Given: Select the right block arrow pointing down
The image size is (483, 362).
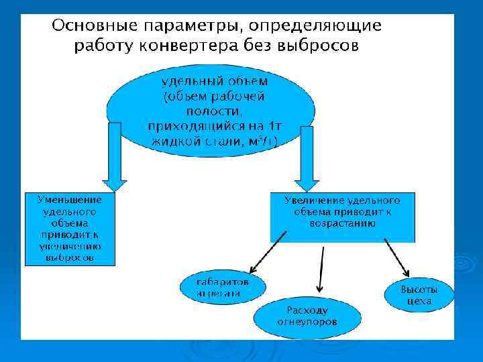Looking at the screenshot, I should [x=308, y=158].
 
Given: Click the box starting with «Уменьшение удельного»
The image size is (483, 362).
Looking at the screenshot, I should [x=70, y=229].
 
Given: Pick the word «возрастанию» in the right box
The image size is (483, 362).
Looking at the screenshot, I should [x=342, y=223].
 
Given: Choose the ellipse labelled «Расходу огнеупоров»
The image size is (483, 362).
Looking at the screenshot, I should [x=307, y=316].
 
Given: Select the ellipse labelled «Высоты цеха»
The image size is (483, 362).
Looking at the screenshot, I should [x=419, y=295].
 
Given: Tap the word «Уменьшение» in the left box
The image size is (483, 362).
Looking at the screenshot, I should [x=70, y=200].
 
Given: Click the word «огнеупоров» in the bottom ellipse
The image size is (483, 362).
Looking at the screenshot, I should [x=307, y=322].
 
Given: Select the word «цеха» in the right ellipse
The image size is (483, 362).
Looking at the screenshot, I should [x=419, y=302].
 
